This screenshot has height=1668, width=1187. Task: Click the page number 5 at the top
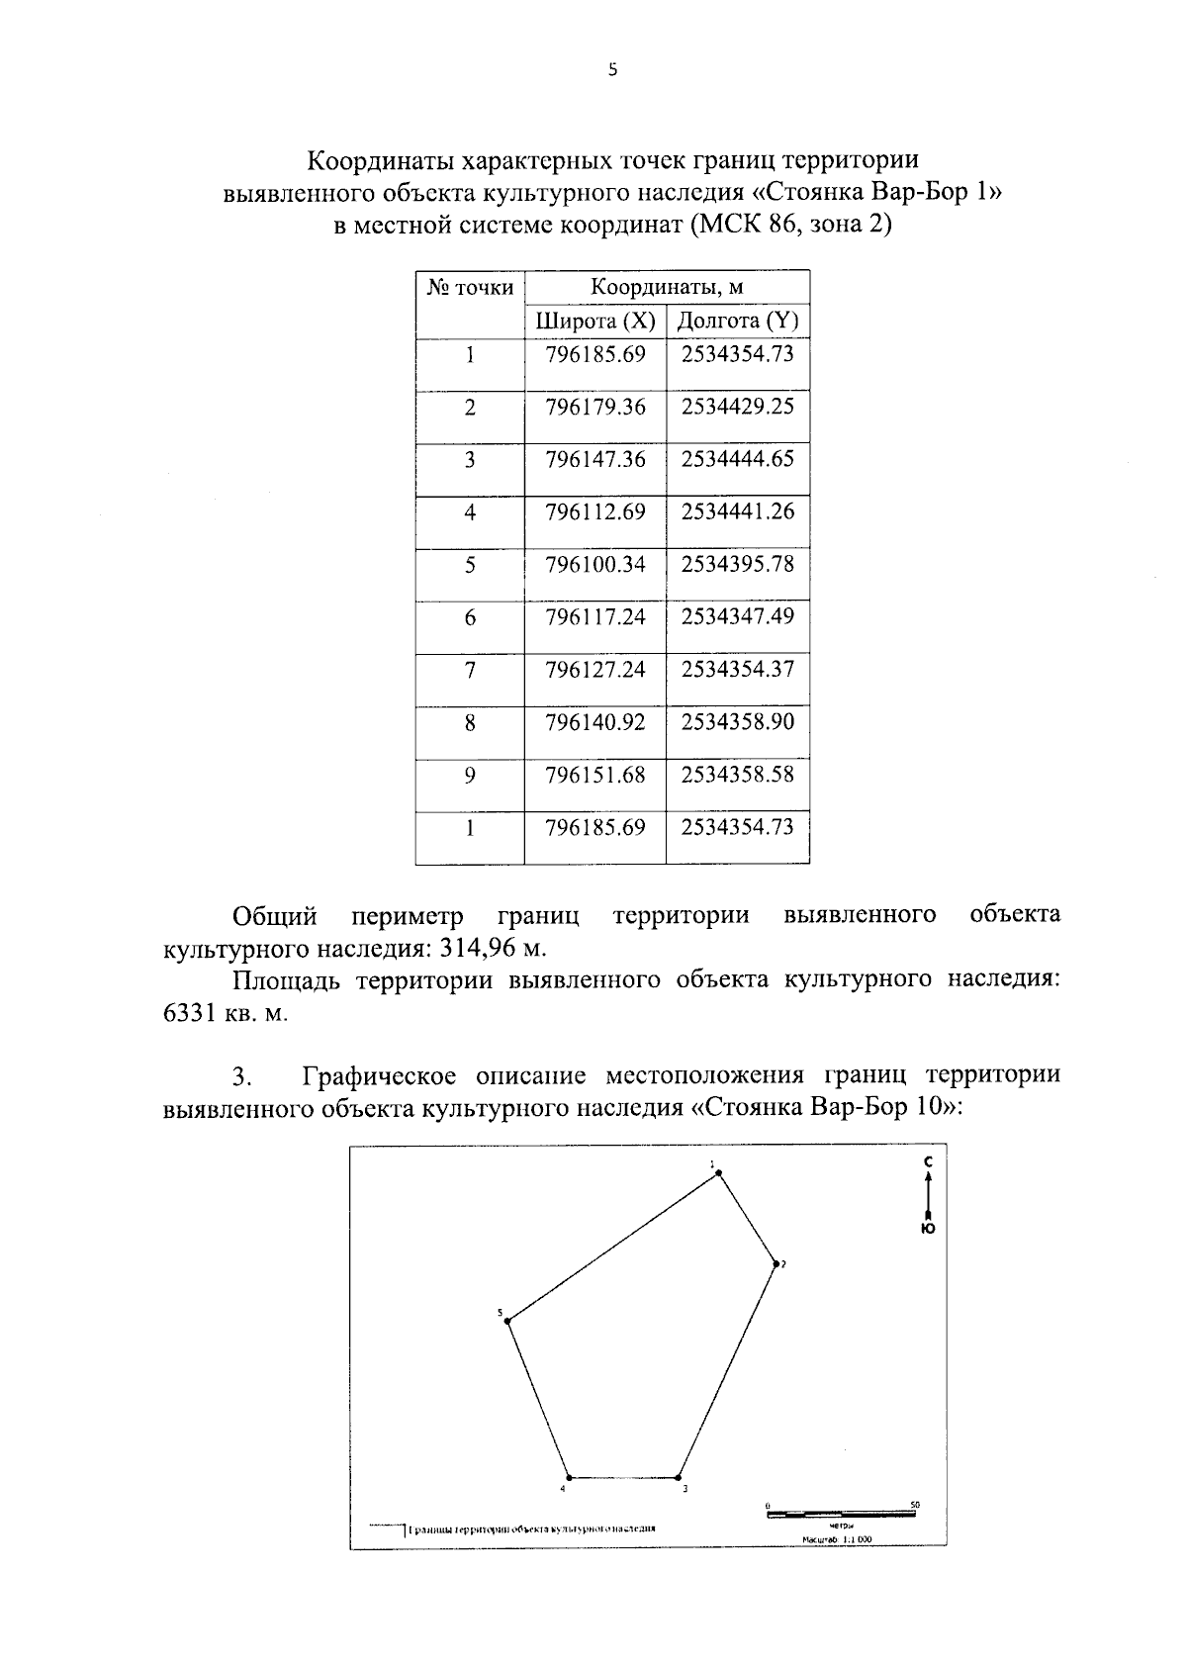[x=612, y=69]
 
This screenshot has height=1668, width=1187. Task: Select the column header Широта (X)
[x=594, y=322]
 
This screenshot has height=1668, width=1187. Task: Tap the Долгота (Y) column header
[x=737, y=322]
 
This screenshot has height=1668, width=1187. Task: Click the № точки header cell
[x=470, y=288]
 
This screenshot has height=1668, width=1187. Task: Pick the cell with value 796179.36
[x=594, y=407]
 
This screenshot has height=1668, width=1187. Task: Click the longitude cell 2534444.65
[x=737, y=459]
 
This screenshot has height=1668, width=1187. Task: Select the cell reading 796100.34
[x=594, y=564]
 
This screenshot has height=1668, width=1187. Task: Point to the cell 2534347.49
[x=737, y=616]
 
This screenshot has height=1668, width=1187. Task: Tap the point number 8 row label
[x=470, y=723]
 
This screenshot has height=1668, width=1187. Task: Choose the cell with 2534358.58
[x=737, y=775]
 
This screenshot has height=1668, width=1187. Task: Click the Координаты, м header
[x=667, y=288]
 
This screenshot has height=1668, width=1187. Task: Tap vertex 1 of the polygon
[x=719, y=1173]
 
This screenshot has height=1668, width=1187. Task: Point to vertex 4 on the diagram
[x=569, y=1478]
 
